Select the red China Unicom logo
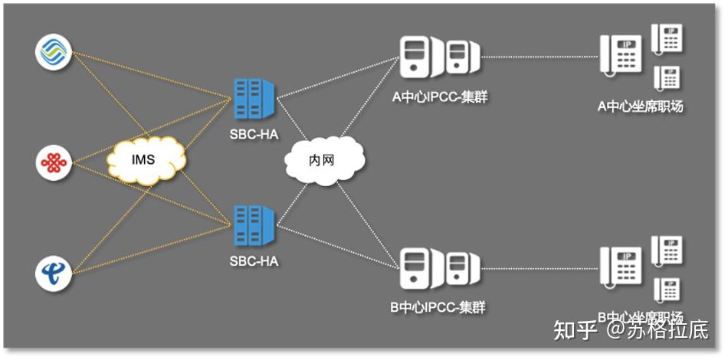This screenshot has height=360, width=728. tap(54, 162)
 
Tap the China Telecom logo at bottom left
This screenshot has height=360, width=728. tap(54, 272)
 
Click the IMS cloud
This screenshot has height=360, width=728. tap(146, 159)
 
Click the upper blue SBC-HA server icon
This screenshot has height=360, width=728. tap(254, 99)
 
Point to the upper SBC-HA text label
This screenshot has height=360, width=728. tap(254, 133)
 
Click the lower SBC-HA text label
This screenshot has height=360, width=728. tap(254, 261)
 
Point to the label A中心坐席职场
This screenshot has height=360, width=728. tap(640, 106)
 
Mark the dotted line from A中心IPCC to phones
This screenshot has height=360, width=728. tap(540, 56)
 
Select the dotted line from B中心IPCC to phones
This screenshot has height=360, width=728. tap(540, 269)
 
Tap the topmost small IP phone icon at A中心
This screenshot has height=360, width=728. tap(667, 38)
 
